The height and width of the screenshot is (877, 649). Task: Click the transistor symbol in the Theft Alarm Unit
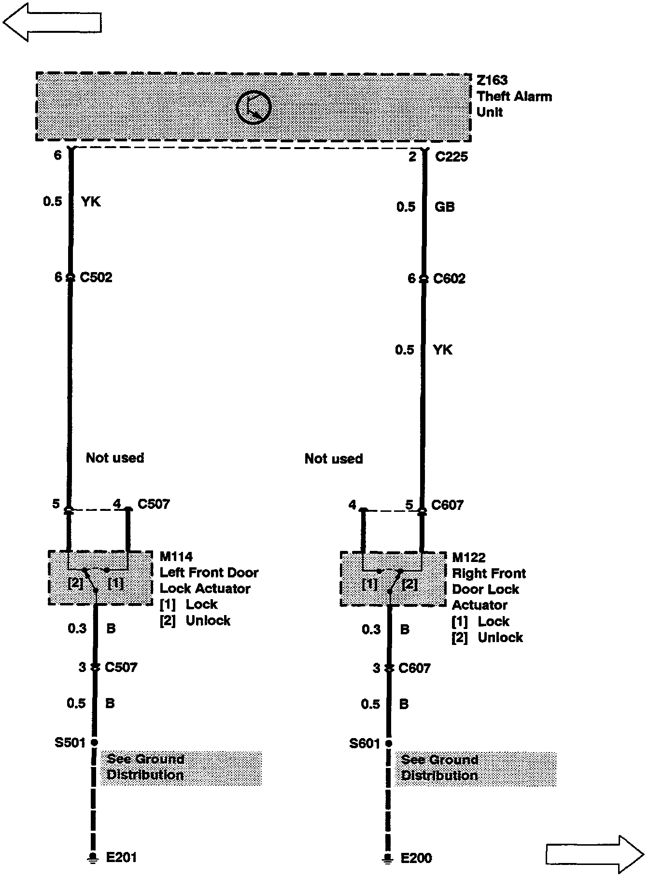point(254,107)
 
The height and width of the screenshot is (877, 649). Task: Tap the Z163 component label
point(492,80)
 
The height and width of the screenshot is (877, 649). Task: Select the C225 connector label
point(451,157)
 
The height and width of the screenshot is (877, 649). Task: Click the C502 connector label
point(96,277)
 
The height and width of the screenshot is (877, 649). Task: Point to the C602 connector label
point(449,278)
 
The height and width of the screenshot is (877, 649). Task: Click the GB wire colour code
point(444,207)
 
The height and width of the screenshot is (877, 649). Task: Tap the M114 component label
point(176,557)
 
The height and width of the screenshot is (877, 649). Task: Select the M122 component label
point(468,558)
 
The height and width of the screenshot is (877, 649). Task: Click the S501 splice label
point(70,742)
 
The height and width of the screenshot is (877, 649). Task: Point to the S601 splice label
point(365,743)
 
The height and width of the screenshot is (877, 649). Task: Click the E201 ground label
point(121,857)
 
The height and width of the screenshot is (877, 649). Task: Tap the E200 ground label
point(416,858)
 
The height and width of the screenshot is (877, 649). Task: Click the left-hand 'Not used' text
point(115,457)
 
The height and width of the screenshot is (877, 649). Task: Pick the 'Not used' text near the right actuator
point(334,458)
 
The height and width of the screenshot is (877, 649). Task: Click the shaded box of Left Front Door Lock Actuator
point(100,578)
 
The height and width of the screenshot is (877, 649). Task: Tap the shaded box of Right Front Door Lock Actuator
point(393,579)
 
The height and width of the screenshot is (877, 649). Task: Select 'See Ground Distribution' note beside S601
point(476,768)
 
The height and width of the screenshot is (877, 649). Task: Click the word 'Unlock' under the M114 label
point(208,620)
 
